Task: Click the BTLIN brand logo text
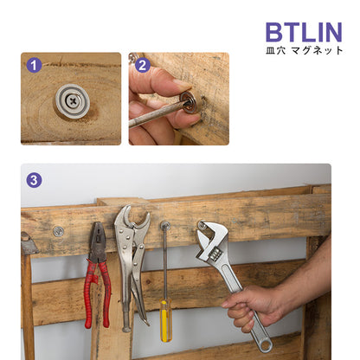click(x=304, y=32)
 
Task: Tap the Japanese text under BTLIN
click(x=305, y=50)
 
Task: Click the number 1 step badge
click(x=34, y=65)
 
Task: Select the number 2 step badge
click(x=143, y=65)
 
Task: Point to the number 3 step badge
click(x=34, y=180)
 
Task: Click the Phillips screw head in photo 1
click(x=73, y=101)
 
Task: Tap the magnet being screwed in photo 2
click(x=189, y=104)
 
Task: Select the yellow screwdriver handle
click(x=166, y=320)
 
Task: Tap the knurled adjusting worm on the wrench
click(x=215, y=254)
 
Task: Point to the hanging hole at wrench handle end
click(x=265, y=344)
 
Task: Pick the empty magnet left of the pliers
click(x=59, y=231)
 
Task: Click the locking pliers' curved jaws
click(x=132, y=218)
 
